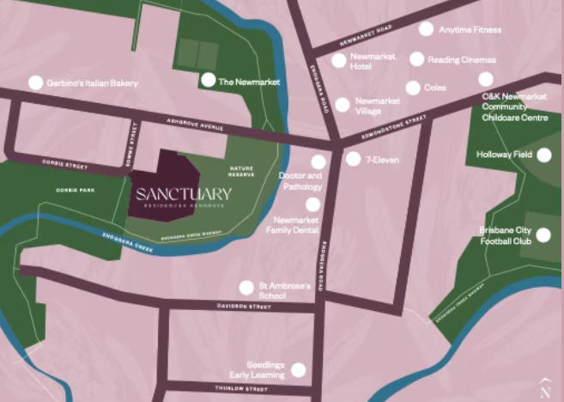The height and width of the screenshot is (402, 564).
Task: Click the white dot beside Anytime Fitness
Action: tap(426, 29)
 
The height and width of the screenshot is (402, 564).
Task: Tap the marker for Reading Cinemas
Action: tap(416, 59)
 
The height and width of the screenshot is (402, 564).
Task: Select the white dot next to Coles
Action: tap(413, 88)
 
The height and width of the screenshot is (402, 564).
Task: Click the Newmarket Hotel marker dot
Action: tap(338, 61)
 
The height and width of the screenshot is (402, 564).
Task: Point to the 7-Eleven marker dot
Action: tap(353, 159)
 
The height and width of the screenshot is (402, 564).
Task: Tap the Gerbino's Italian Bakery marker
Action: tap(35, 83)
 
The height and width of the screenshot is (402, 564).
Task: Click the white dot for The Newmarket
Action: tap(207, 80)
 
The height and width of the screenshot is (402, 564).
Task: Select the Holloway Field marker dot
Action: tap(544, 155)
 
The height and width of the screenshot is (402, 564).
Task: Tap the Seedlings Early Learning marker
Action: tap(298, 370)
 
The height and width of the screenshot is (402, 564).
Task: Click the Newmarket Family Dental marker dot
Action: tap(312, 204)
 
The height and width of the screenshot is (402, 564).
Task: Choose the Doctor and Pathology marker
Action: tap(318, 161)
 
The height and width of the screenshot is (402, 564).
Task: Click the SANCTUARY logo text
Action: tap(183, 192)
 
